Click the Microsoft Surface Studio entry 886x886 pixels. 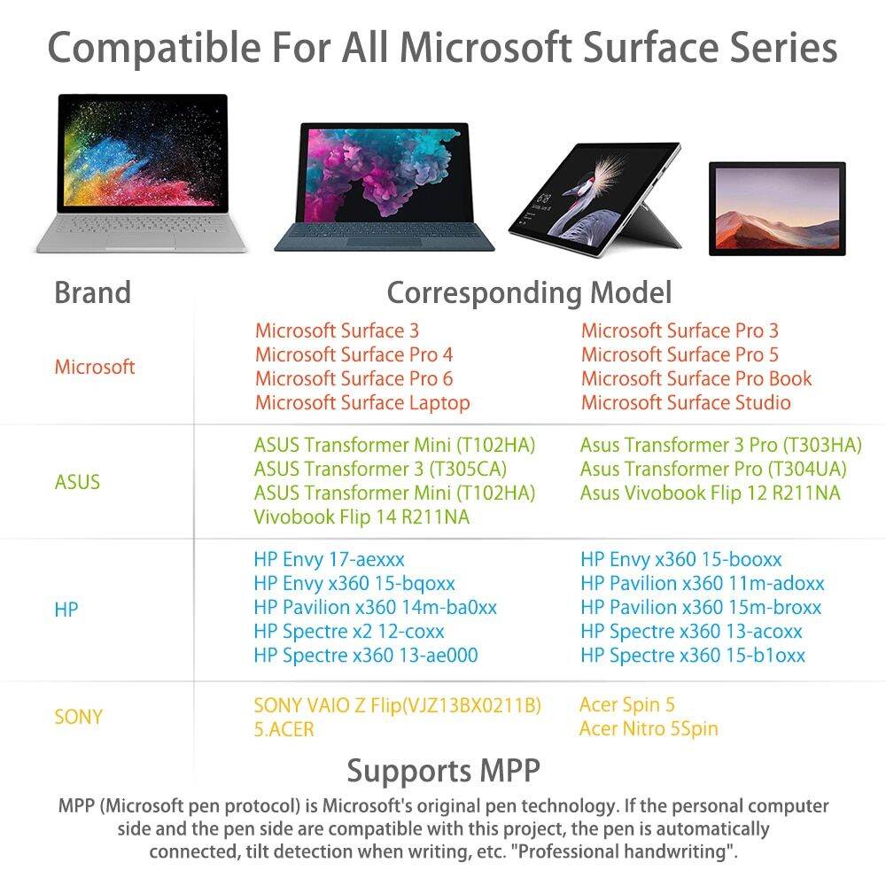pyautogui.click(x=686, y=403)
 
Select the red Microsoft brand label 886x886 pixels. pyautogui.click(x=95, y=367)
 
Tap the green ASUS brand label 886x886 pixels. pyautogui.click(x=77, y=482)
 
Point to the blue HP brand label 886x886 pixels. pyautogui.click(x=66, y=610)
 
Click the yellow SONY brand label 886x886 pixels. pyautogui.click(x=79, y=717)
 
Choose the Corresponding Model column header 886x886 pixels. pyautogui.click(x=529, y=292)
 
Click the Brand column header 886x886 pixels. pyautogui.click(x=92, y=292)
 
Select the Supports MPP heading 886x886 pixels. pyautogui.click(x=443, y=770)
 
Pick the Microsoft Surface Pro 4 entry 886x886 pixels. pyautogui.click(x=354, y=355)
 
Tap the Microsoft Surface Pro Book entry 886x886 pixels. pyautogui.click(x=696, y=379)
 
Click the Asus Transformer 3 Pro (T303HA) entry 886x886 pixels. pyautogui.click(x=720, y=445)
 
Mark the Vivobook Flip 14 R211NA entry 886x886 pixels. pyautogui.click(x=361, y=517)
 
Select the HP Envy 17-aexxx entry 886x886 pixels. pyautogui.click(x=329, y=560)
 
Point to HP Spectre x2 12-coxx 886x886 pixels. pyautogui.click(x=348, y=632)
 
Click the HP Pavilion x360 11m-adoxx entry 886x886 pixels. pyautogui.click(x=702, y=584)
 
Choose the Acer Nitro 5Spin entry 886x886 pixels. pyautogui.click(x=649, y=729)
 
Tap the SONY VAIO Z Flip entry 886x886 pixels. pyautogui.click(x=396, y=706)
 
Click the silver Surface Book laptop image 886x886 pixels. pyautogui.click(x=143, y=173)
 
